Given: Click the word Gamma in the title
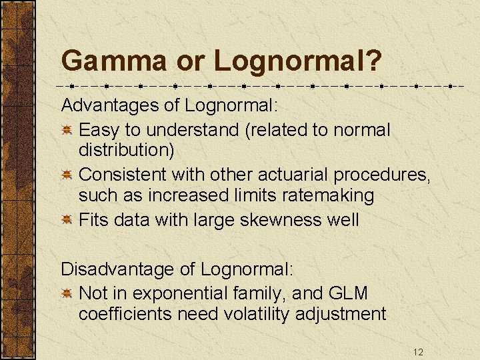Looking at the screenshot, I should [114, 62].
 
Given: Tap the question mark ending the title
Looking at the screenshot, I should [374, 62].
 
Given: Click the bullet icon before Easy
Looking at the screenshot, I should [67, 130].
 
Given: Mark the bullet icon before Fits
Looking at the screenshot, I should [67, 221].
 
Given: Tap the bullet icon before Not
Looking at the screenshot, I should [67, 294].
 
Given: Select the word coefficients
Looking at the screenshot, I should [125, 314].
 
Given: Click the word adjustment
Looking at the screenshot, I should [345, 314].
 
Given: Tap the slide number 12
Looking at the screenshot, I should [418, 351].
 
